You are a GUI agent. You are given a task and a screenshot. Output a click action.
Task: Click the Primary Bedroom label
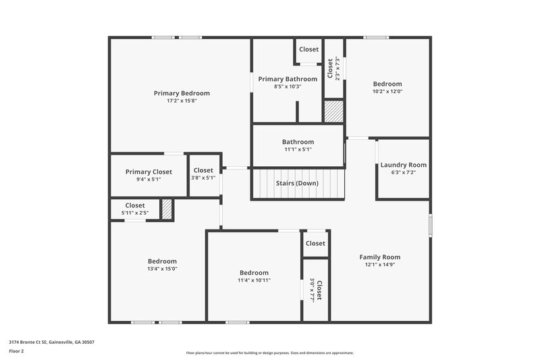pos(182,93)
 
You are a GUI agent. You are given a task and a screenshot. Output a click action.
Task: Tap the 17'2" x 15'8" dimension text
pos(182,101)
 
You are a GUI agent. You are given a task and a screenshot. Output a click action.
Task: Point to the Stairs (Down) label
pos(297,183)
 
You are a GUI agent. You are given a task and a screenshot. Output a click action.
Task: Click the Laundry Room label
pos(403,165)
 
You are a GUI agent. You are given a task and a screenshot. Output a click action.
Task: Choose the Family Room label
pos(379,257)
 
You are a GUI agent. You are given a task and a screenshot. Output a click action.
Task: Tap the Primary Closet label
pos(148,172)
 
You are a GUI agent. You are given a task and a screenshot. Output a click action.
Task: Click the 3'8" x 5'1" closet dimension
pos(203,178)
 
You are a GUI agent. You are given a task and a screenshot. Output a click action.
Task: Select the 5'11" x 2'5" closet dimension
pos(135,213)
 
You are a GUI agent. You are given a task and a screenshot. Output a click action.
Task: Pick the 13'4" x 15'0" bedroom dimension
pos(162,269)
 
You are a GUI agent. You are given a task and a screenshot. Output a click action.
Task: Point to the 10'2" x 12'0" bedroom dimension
pos(387,92)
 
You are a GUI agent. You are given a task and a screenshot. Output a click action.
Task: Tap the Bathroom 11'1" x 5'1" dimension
pos(298,150)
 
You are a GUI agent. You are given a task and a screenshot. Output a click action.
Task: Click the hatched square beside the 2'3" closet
pos(333,111)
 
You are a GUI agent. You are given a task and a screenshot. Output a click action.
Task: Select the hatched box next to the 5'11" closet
pos(167,209)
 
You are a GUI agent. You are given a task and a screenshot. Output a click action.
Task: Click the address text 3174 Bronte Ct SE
pos(51,342)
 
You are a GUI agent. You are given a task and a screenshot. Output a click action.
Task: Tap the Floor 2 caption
pos(16,351)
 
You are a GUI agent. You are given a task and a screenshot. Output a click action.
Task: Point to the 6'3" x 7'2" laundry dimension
pos(403,173)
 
